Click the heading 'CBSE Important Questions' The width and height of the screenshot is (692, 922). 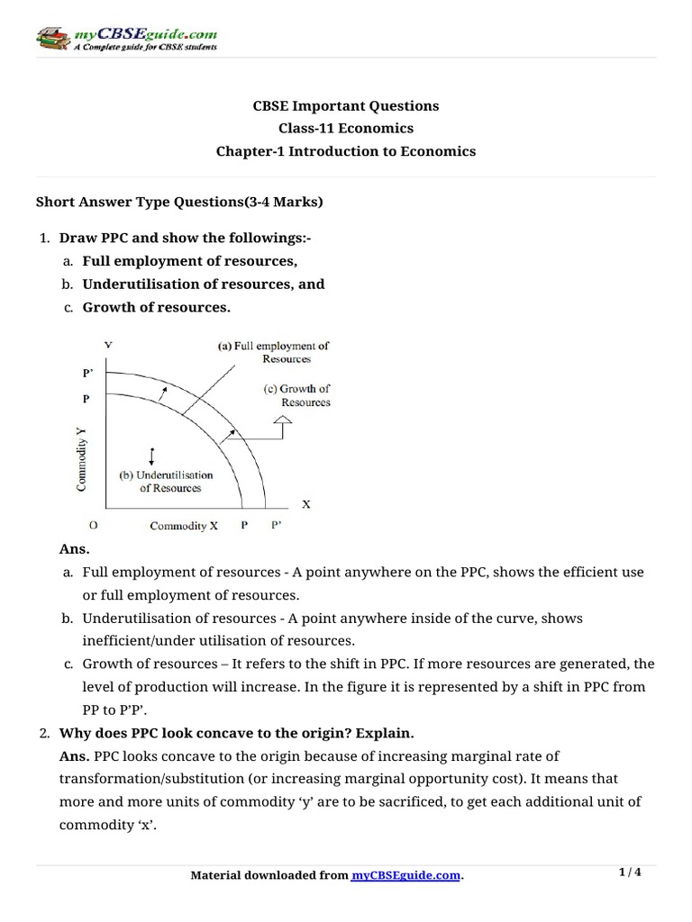[345, 106]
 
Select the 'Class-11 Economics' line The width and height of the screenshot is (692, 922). [345, 129]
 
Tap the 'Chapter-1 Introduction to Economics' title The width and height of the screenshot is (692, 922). [345, 151]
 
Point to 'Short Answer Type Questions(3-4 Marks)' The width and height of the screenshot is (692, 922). [178, 203]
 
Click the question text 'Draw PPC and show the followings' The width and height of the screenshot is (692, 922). [185, 238]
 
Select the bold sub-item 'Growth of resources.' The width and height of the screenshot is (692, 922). [156, 307]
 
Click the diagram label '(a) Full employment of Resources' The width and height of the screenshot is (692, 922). [274, 352]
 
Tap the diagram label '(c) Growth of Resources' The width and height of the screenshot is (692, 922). [296, 395]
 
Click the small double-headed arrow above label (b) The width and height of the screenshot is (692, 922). [152, 454]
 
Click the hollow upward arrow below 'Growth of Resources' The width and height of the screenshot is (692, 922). [284, 420]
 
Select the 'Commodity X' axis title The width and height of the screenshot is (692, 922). [184, 526]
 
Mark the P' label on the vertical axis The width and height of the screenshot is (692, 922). [87, 371]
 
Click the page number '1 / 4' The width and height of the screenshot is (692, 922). [630, 872]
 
